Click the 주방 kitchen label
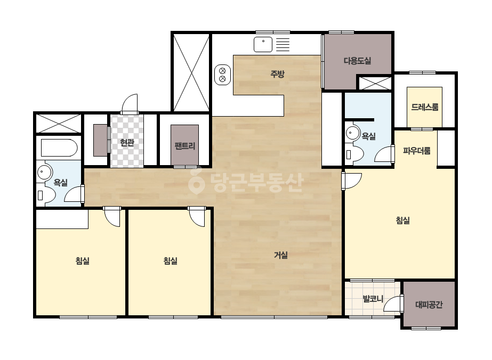point(277,74)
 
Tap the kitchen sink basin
point(263,44)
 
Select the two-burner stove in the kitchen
point(222,75)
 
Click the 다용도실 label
point(357,61)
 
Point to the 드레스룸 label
point(424,107)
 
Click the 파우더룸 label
point(417,151)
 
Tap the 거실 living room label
point(281,255)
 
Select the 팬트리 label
point(185,146)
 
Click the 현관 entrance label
point(127,143)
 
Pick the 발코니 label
point(373,299)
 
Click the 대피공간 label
point(429,305)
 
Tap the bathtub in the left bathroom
point(59,148)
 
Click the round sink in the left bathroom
point(42,172)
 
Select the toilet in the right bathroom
point(354,154)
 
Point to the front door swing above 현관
point(130,103)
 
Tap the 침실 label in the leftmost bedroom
point(83,260)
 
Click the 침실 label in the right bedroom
point(402,220)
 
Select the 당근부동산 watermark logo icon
point(196,181)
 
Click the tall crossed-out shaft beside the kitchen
point(191,72)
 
